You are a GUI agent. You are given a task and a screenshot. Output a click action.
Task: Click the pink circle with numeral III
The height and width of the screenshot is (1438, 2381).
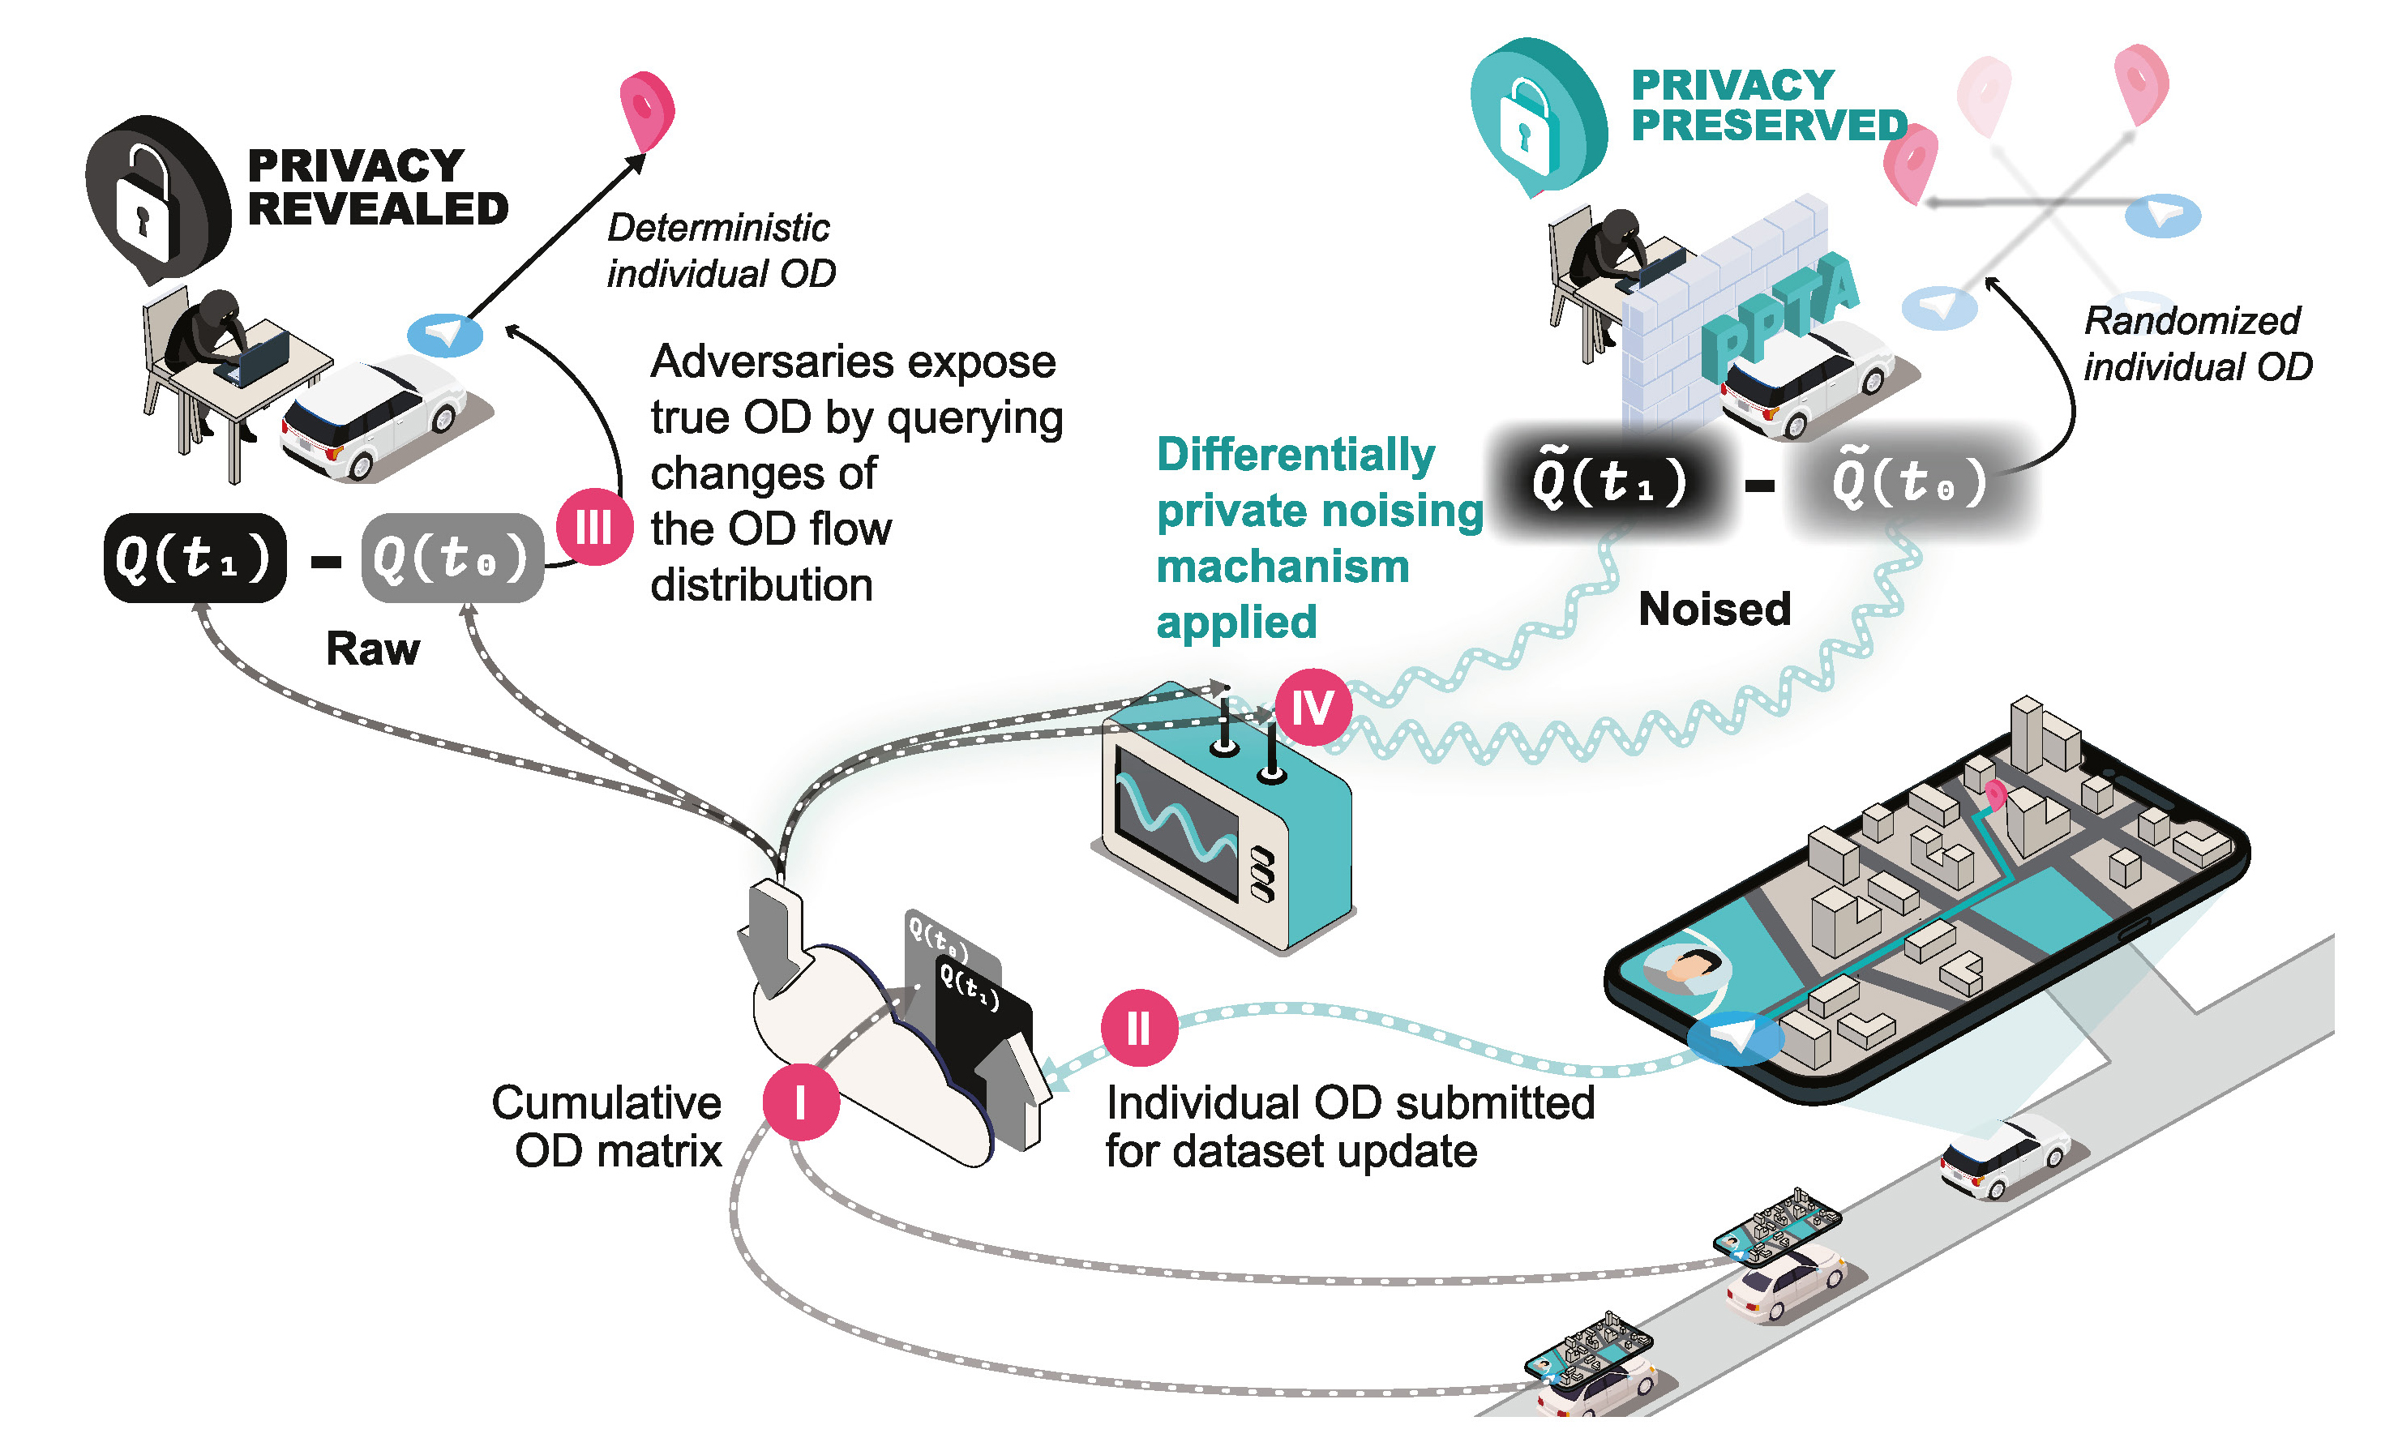point(594,528)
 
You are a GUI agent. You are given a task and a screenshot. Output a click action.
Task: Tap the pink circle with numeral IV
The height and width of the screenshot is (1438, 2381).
point(1313,708)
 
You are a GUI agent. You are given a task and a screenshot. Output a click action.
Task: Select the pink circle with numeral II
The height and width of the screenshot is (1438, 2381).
point(1138,1027)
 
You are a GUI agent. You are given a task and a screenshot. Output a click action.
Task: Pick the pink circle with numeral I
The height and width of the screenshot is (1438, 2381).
point(800,1102)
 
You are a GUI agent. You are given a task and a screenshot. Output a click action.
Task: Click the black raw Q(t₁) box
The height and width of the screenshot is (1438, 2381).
point(195,558)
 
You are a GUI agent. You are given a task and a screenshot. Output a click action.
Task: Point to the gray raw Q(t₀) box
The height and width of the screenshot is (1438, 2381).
point(452,558)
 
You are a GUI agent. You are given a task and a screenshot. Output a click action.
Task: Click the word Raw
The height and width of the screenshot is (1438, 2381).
point(372,648)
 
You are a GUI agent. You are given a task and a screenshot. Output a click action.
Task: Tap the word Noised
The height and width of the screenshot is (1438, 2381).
point(1715,609)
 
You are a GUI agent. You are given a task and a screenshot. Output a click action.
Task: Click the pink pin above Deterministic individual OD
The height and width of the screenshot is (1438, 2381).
point(646,109)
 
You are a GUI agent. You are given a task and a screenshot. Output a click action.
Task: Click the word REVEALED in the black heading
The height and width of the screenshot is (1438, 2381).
point(378,209)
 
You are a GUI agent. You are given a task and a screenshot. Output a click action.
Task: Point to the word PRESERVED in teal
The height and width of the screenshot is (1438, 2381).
point(1768,126)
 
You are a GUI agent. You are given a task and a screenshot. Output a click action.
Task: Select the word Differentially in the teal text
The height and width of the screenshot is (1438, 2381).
point(1295,454)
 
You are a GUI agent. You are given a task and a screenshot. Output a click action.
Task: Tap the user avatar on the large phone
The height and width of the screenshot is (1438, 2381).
point(1686,966)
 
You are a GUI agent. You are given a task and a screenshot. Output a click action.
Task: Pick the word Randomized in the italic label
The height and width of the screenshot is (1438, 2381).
point(2191,321)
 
